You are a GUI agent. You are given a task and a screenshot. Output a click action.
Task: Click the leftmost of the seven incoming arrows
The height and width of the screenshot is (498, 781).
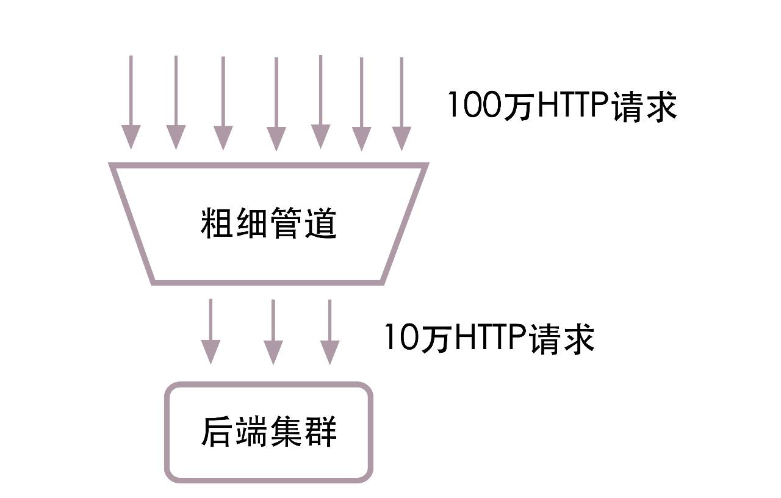pos(131,103)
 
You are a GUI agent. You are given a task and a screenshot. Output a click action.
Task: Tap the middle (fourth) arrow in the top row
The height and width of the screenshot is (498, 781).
pos(276,104)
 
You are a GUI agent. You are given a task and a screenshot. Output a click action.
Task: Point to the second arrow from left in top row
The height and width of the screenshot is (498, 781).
pos(176,103)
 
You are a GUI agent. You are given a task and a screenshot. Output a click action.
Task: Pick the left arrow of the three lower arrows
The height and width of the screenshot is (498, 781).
pos(211,331)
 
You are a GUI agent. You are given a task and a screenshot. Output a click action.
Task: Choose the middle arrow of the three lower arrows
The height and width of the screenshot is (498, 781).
pos(273,331)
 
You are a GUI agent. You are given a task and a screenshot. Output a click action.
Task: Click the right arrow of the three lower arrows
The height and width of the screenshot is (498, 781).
pos(329,331)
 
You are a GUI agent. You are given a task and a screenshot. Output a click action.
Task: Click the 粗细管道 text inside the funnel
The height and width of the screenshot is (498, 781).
pos(268,223)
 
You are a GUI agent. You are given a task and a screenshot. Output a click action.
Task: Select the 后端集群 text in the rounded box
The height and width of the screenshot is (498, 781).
pos(268,431)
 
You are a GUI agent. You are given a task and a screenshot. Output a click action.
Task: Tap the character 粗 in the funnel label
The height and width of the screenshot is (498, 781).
pos(217,223)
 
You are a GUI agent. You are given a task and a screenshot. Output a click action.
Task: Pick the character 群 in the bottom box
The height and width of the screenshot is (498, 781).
pos(321,431)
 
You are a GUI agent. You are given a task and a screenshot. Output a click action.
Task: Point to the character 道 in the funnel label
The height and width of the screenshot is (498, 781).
pos(321,223)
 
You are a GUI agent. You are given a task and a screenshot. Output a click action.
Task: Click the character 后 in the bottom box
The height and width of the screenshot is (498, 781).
pos(217,431)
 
